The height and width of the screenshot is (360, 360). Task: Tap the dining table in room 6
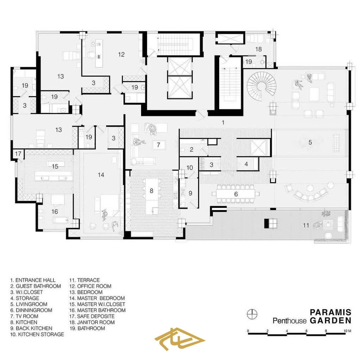click(236, 194)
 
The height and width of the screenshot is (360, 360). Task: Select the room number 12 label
click(121, 55)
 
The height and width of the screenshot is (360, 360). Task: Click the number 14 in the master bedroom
click(101, 175)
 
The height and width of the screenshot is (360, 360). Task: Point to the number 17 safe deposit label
click(18, 153)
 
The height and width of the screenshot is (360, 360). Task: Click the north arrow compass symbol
click(252, 314)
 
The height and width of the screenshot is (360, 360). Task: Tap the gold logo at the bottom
click(179, 339)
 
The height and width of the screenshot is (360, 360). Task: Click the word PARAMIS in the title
click(330, 312)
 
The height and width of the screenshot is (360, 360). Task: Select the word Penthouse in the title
click(290, 321)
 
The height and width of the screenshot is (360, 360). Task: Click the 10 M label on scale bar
click(347, 331)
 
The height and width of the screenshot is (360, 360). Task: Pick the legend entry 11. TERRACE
click(84, 280)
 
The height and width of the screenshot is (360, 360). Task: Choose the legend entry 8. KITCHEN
click(24, 322)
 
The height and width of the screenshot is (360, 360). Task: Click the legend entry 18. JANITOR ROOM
click(92, 322)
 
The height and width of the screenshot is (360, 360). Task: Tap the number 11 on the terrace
click(306, 225)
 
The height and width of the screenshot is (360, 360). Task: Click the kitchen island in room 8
click(152, 196)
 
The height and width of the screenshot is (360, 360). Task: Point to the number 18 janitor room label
click(258, 49)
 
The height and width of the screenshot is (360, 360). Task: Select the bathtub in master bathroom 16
click(61, 220)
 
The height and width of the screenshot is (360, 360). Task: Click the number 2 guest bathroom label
click(191, 150)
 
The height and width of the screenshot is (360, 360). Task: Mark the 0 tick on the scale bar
click(248, 331)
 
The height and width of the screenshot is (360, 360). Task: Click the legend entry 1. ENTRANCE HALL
click(33, 280)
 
